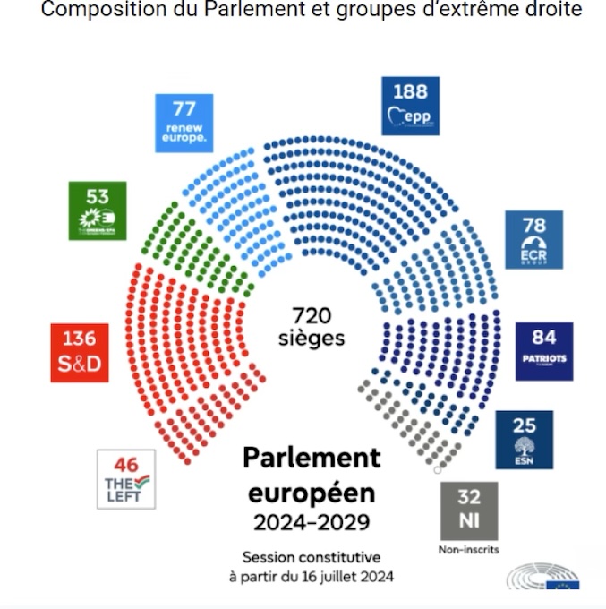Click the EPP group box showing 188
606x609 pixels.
click(x=410, y=106)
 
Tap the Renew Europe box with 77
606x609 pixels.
click(x=184, y=123)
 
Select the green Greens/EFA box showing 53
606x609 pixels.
click(x=98, y=210)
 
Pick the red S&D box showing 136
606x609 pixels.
click(x=79, y=353)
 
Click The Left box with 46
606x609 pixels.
click(x=125, y=479)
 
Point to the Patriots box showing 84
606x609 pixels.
click(x=544, y=351)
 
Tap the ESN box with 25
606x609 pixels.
click(x=524, y=440)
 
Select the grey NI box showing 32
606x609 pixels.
click(x=468, y=510)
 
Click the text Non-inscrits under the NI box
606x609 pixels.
click(x=468, y=549)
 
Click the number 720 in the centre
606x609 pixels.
click(x=312, y=316)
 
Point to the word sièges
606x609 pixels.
click(x=312, y=339)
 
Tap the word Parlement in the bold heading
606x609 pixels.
click(x=312, y=457)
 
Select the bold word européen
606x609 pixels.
click(x=312, y=493)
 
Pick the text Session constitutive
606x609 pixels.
click(x=312, y=557)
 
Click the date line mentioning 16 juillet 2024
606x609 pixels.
click(x=312, y=577)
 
